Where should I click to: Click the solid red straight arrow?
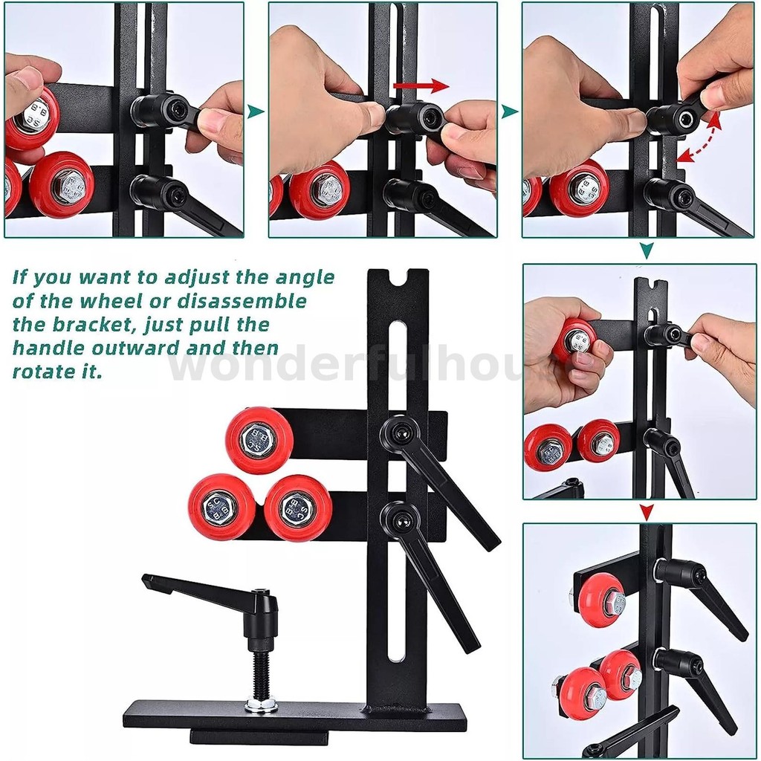coord(420,86)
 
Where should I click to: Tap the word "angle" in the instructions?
coord(305,278)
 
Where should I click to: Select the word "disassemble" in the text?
coord(255,301)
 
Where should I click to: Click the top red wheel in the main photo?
coord(259,440)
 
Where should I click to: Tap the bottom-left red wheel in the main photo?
coord(221,508)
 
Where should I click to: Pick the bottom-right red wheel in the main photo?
coord(297,508)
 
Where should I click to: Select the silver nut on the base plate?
coord(261,704)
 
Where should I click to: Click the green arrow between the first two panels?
coord(256,111)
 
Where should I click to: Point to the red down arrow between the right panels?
coord(647,511)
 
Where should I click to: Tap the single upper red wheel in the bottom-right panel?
coord(600,600)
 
